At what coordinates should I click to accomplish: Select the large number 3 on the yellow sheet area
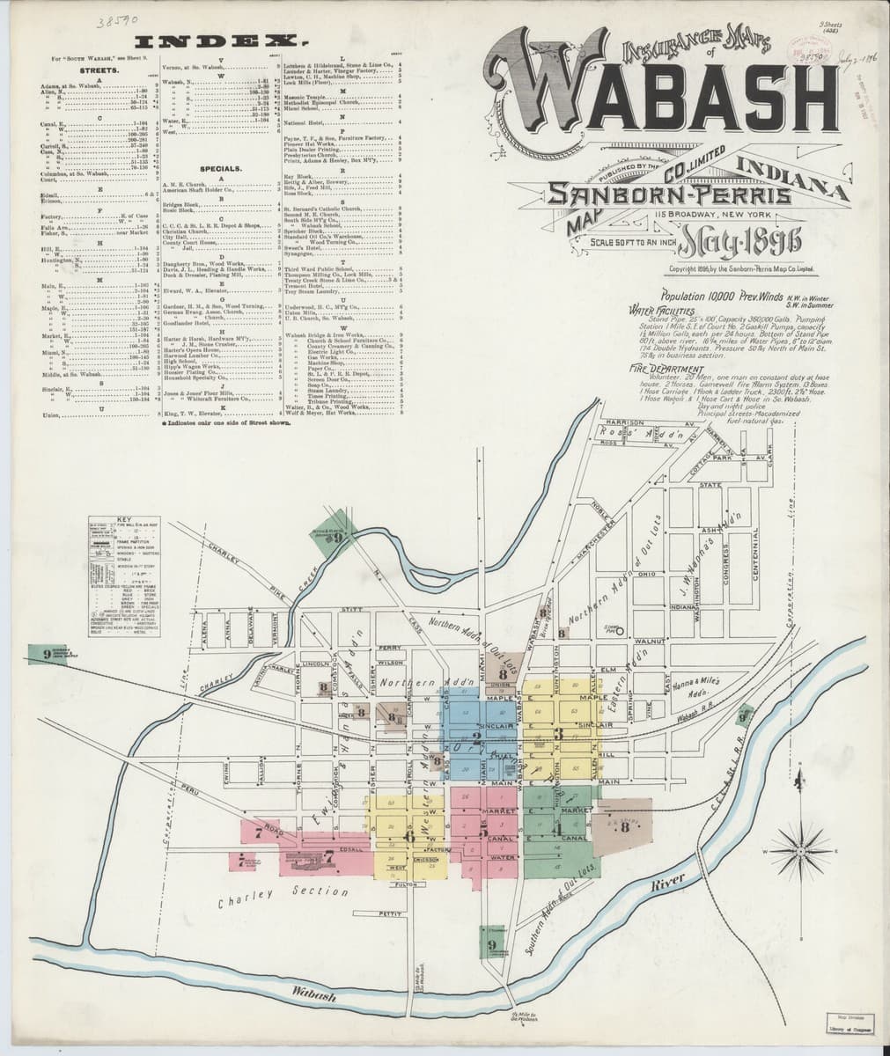[557, 733]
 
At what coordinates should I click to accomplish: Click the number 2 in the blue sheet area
[476, 738]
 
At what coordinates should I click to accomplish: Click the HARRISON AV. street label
[627, 422]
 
